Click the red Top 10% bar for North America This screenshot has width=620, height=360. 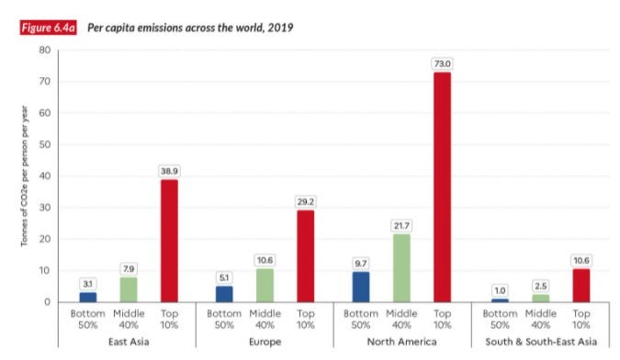click(x=442, y=186)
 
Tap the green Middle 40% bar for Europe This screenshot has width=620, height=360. click(x=265, y=285)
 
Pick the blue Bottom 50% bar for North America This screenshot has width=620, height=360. click(x=361, y=287)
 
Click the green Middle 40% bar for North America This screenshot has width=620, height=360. click(x=401, y=267)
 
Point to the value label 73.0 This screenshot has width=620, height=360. click(x=442, y=63)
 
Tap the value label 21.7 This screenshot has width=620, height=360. click(x=401, y=225)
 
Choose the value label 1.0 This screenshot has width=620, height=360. click(x=499, y=290)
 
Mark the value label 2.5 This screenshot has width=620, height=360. click(x=539, y=286)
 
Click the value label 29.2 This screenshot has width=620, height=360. click(x=305, y=201)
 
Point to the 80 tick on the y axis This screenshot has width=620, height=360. click(x=42, y=51)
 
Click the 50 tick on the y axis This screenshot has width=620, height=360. click(x=42, y=145)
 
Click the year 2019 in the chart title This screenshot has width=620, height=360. click(x=279, y=27)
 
